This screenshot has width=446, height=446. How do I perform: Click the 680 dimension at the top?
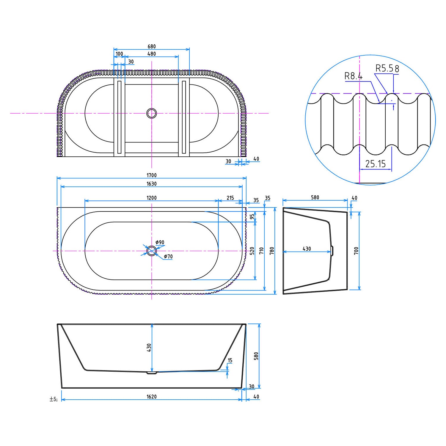(152, 46)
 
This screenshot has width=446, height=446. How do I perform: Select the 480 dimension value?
(152, 54)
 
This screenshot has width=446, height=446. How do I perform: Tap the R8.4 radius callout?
(353, 76)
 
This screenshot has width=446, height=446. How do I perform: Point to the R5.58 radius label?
(387, 68)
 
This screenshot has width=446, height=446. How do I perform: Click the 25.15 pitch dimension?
(375, 164)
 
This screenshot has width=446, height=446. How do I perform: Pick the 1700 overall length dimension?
(152, 175)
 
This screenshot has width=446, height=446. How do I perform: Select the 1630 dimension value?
(152, 184)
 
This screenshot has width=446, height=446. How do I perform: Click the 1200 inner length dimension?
(152, 198)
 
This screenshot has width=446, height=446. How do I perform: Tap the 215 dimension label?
(230, 198)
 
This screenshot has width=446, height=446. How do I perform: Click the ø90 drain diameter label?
(160, 242)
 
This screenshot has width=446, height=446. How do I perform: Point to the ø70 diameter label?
(168, 256)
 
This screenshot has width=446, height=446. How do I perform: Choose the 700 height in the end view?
(356, 251)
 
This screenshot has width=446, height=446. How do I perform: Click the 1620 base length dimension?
(152, 397)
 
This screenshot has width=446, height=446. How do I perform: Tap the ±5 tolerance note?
(54, 399)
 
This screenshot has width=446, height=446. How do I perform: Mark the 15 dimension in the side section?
(230, 360)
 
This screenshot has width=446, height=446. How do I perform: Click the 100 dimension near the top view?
(119, 54)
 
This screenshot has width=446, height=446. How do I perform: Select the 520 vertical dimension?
(252, 251)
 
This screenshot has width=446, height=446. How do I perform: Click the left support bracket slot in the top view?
(119, 117)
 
